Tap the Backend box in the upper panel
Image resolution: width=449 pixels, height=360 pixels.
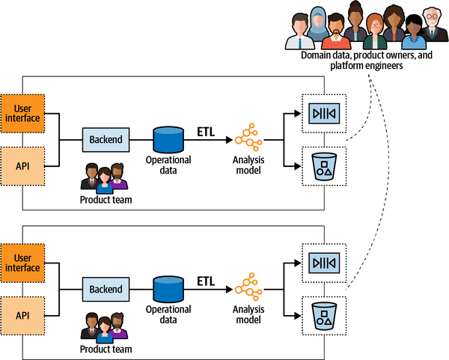coord(106,139)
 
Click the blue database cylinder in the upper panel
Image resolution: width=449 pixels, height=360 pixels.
coord(168,139)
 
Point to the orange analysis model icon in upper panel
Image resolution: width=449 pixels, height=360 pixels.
coord(248,139)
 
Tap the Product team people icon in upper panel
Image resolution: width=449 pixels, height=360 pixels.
coord(105,177)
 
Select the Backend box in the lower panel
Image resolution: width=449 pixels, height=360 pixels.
coord(106,289)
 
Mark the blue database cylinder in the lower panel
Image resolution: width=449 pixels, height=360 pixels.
coord(168,289)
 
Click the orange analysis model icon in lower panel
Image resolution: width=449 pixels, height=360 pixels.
coord(248,289)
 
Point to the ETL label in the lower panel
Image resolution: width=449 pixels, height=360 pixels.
coord(206,282)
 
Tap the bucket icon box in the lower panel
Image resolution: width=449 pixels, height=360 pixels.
coord(324,315)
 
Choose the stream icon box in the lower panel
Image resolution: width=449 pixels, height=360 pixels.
coord(324,263)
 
